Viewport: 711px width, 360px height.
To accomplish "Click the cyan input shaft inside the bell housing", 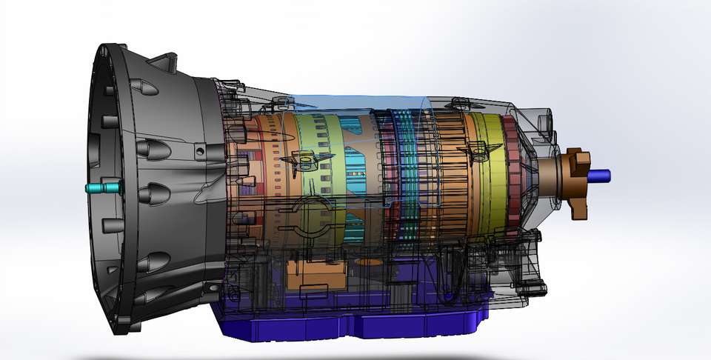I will [x=101, y=188].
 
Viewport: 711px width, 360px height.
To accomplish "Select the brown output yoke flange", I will [x=575, y=182].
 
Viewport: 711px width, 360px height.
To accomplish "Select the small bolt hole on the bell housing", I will [x=199, y=150].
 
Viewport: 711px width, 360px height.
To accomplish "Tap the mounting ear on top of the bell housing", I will [x=167, y=62].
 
